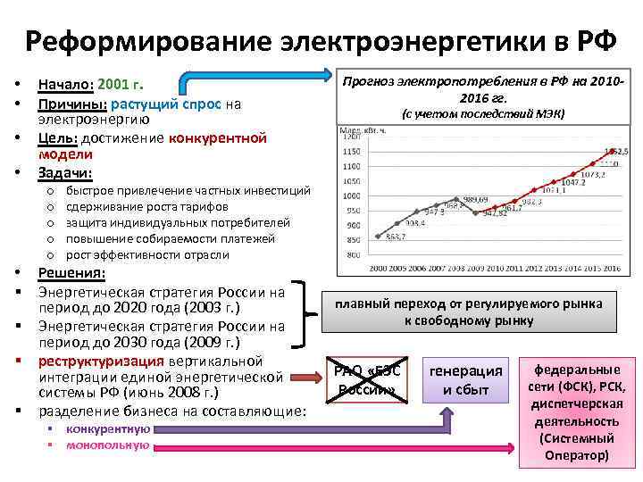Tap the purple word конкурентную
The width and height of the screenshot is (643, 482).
tap(113, 428)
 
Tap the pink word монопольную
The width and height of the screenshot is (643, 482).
tap(107, 445)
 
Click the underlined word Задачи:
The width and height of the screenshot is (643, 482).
tap(65, 172)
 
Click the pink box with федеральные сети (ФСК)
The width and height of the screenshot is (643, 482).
tap(576, 411)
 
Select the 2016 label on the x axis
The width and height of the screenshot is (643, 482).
tap(612, 267)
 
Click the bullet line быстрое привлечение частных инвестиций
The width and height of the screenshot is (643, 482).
tap(188, 190)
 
